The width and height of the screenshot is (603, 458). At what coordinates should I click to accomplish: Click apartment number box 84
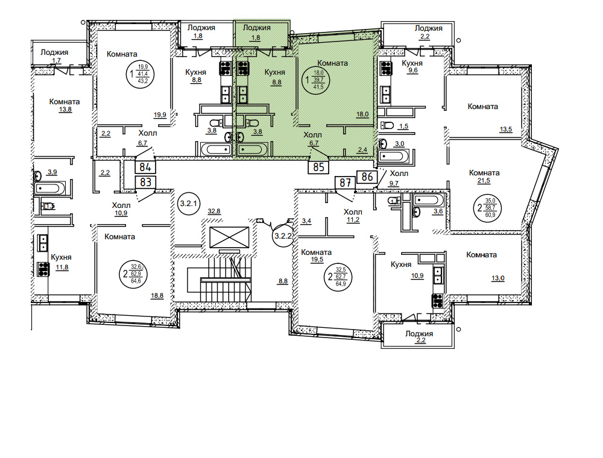[x=145, y=167]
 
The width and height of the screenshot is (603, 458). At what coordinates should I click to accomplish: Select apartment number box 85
[x=318, y=167]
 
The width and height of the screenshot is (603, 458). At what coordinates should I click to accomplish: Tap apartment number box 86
[x=367, y=177]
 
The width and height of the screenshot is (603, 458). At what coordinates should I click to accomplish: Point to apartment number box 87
[x=345, y=183]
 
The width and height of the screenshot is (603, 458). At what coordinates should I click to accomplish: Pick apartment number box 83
[x=145, y=182]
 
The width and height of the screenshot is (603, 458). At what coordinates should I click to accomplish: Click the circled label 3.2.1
[x=188, y=204]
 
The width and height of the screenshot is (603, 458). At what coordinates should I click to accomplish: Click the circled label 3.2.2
[x=283, y=236]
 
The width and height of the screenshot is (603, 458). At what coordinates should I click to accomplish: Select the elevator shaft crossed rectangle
[x=229, y=237]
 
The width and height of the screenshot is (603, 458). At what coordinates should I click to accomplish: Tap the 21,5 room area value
[x=484, y=181]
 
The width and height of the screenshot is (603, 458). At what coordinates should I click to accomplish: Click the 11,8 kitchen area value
[x=62, y=268]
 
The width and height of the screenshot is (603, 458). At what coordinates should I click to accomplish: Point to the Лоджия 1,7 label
[x=55, y=56]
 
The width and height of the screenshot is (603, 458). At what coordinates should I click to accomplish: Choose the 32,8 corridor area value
[x=214, y=212]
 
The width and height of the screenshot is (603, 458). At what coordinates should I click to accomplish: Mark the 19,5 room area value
[x=317, y=260]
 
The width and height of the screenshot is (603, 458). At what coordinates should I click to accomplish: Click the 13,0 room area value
[x=497, y=278]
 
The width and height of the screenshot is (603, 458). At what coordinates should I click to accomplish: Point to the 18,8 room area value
[x=157, y=295]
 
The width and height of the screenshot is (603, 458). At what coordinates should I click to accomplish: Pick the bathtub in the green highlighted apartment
[x=252, y=149]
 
